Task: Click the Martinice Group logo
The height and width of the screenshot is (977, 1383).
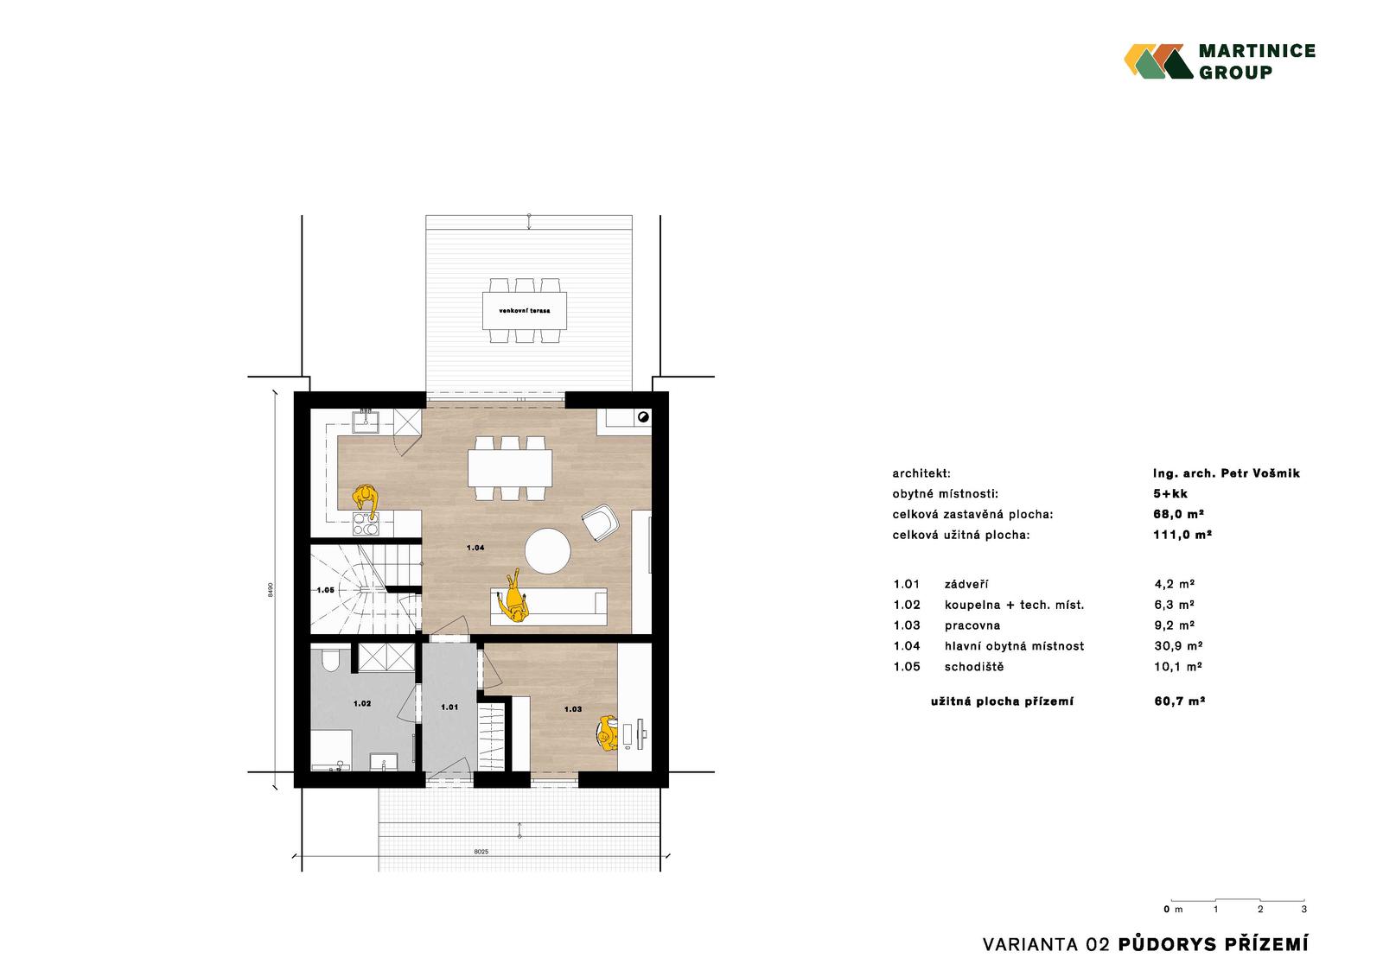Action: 1220,61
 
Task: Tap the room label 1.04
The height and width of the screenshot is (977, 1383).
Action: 475,548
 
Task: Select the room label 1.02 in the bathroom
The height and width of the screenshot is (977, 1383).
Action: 362,703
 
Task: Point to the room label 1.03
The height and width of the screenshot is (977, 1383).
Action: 573,709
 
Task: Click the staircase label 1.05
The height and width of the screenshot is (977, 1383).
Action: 325,590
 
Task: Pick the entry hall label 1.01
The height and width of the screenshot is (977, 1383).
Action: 449,707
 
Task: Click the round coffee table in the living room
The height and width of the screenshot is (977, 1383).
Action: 548,550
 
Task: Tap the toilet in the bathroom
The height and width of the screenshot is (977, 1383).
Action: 330,659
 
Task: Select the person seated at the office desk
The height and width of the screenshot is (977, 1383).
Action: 608,733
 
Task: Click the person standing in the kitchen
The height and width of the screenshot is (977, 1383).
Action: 366,500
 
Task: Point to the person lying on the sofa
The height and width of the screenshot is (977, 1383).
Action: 514,598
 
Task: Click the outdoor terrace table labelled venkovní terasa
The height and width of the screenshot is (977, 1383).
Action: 525,310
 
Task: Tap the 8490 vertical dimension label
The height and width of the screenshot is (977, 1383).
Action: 271,589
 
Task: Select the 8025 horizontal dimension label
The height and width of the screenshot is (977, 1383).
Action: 481,852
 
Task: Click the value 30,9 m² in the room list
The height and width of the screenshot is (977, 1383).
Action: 1178,645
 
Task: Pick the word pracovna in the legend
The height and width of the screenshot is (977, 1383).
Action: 972,625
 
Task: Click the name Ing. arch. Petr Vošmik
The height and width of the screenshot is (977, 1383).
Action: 1227,473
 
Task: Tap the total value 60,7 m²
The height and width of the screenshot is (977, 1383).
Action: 1179,701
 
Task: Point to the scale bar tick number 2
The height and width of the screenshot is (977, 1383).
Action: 1260,909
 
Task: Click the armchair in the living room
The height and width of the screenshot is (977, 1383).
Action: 601,523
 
